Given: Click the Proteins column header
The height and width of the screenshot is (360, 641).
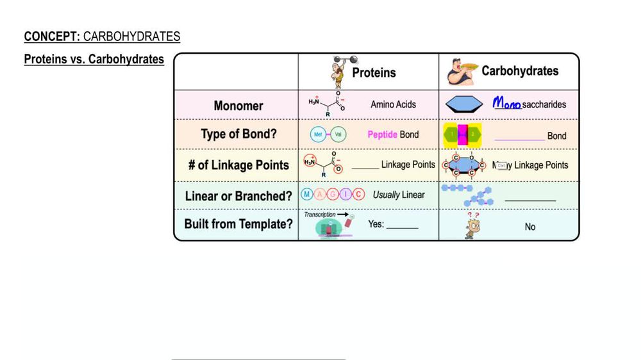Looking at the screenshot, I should [x=374, y=73].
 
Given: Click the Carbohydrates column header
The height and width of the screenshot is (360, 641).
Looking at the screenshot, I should [x=520, y=71].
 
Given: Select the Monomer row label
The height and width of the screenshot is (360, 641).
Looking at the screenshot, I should [x=238, y=106].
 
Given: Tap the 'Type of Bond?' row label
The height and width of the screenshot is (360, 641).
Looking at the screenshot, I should [x=238, y=135].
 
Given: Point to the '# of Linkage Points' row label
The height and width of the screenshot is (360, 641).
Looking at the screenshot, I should [x=238, y=165].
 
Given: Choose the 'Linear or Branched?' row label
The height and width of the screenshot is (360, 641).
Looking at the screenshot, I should [x=238, y=196].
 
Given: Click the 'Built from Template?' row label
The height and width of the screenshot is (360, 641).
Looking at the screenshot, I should [x=238, y=224].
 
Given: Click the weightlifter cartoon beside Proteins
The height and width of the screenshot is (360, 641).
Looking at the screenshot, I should [x=339, y=72].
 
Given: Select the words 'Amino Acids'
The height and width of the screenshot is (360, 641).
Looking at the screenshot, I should [x=393, y=104].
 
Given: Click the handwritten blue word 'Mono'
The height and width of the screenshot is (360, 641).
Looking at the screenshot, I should [x=506, y=104].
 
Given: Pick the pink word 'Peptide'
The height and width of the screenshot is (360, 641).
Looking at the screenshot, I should [x=382, y=135].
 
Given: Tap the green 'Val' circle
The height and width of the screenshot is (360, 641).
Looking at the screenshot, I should [x=338, y=135].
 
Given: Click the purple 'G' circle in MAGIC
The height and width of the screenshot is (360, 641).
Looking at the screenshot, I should [x=333, y=195].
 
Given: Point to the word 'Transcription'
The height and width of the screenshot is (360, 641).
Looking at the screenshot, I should [x=320, y=215].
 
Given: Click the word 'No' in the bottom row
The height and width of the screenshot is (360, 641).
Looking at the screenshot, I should [x=530, y=227].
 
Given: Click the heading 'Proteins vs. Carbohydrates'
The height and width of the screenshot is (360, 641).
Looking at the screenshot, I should [x=94, y=60].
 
